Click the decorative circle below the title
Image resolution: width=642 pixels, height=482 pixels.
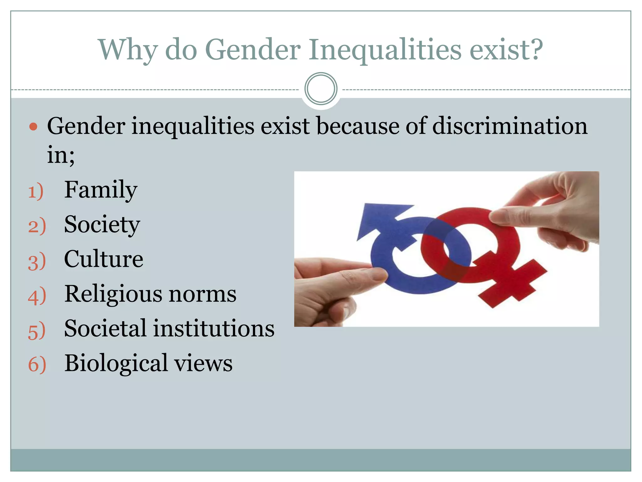[321, 89]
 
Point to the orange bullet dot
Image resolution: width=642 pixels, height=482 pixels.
[33, 127]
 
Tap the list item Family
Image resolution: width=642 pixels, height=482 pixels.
[101, 190]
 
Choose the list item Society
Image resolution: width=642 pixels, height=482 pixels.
[102, 225]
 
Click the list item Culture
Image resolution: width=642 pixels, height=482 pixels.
[103, 259]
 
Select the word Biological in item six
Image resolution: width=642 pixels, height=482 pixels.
[116, 363]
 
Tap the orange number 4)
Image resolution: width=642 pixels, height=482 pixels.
[37, 296]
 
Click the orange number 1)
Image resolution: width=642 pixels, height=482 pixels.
[36, 192]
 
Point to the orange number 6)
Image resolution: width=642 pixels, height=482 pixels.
[37, 365]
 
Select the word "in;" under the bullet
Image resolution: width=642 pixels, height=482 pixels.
[61, 155]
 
